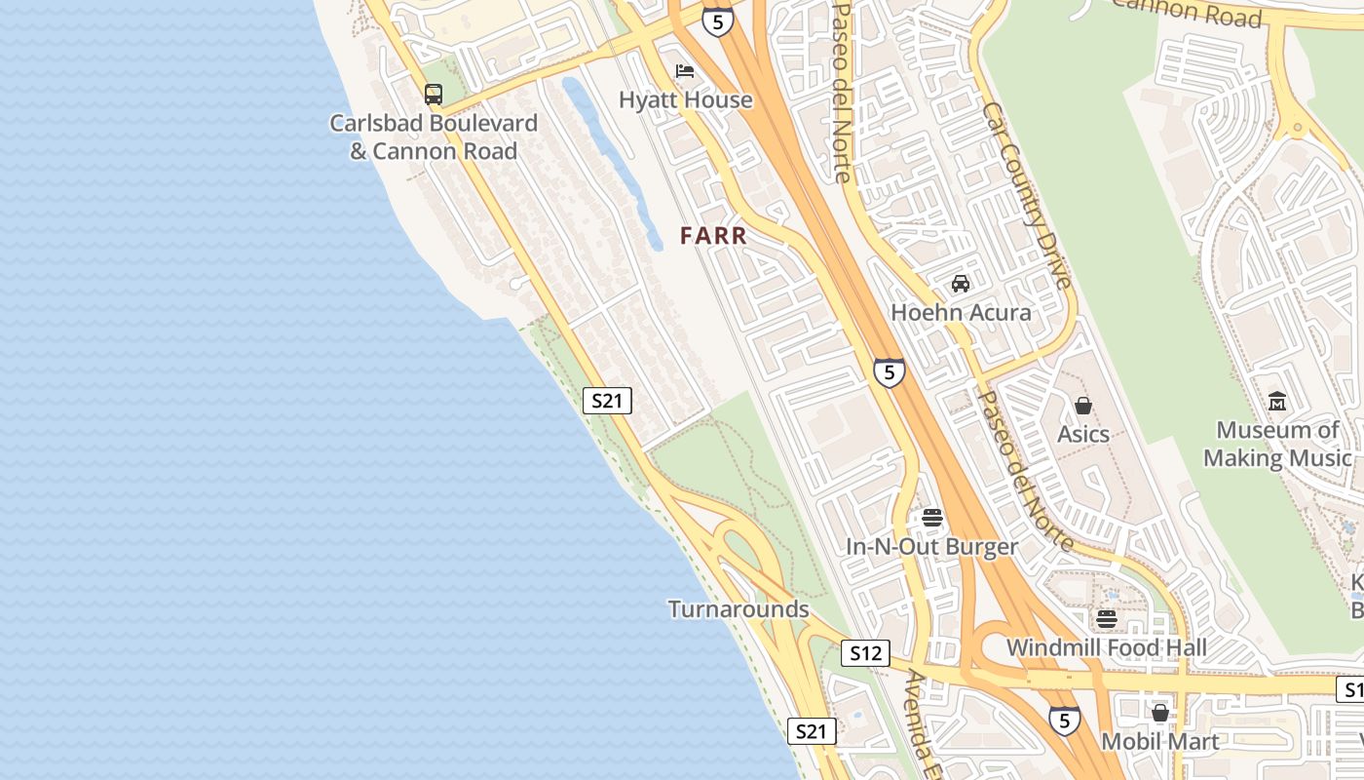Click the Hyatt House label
point(686,99)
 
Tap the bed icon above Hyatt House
point(685,71)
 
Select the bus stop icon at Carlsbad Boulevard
point(434,95)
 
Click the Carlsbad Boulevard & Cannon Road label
point(434,137)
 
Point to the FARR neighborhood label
point(713,235)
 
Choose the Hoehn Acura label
point(961,312)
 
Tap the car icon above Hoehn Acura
point(961,284)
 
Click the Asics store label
point(1083,434)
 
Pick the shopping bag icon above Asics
point(1082,406)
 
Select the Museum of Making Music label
point(1277,444)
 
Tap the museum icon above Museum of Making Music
point(1277,401)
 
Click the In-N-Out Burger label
point(931,547)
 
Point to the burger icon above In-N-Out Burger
point(932,518)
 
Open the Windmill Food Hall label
point(1106,647)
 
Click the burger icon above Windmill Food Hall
point(1106,619)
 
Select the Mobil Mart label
point(1159,742)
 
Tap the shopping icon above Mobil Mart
point(1159,714)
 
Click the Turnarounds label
point(739,609)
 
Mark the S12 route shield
point(865,653)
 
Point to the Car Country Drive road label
point(1027,195)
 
